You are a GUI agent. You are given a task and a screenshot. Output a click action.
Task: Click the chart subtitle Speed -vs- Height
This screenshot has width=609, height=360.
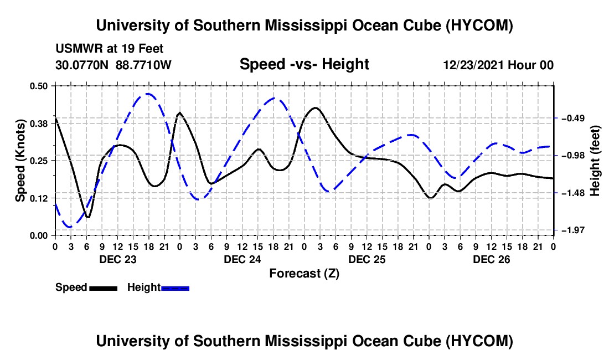(x=304, y=64)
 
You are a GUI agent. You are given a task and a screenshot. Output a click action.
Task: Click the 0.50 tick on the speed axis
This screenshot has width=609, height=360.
(x=38, y=86)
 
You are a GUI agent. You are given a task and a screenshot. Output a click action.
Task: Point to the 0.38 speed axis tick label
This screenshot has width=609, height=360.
(x=38, y=124)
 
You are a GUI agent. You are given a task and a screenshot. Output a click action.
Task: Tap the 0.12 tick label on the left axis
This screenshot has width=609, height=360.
(x=38, y=198)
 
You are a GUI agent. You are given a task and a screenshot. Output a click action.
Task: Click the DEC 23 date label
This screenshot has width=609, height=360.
(x=118, y=259)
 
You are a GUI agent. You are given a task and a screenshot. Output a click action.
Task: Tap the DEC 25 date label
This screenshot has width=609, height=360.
(x=367, y=259)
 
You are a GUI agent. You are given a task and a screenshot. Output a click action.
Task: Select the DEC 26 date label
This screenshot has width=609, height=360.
(x=491, y=259)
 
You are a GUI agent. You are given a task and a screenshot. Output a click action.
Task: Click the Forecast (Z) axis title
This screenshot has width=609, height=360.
(x=304, y=274)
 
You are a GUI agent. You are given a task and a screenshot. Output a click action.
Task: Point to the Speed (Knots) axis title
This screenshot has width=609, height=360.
(x=20, y=161)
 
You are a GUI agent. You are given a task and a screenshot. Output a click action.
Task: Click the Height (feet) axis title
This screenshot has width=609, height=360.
(x=595, y=161)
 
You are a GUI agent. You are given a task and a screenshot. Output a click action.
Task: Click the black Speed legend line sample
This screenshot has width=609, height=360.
(x=103, y=288)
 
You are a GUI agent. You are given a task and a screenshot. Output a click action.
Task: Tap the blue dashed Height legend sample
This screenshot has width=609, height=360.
(x=175, y=288)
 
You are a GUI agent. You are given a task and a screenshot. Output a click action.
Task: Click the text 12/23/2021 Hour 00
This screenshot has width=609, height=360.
(x=498, y=65)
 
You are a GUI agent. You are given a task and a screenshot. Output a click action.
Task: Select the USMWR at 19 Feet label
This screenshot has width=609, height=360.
(x=110, y=49)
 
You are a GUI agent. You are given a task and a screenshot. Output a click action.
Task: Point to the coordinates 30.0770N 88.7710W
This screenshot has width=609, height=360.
(x=113, y=65)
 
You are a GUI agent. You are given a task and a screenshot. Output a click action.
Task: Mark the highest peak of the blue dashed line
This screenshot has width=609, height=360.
(x=148, y=94)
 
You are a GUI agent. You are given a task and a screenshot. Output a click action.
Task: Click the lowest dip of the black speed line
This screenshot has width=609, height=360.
(x=88, y=218)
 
